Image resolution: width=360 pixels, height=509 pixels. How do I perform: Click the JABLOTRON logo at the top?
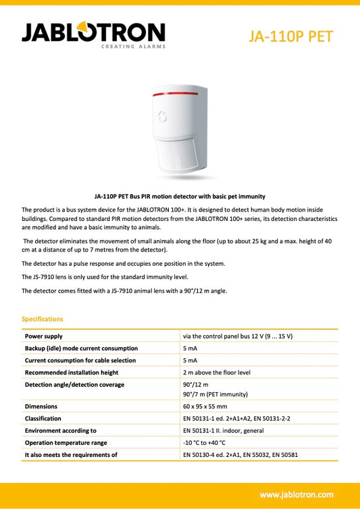pos(93,32)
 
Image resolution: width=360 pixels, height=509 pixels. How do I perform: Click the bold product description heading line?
pos(179,195)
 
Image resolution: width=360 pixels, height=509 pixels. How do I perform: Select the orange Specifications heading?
pos(43,318)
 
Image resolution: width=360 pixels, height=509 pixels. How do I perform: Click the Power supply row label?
pos(44,336)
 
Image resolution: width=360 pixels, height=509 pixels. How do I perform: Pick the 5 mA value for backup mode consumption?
pos(190,348)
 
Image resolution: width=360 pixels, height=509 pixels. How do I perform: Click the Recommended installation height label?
pos(72,372)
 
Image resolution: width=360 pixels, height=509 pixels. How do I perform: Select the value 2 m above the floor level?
pos(216,372)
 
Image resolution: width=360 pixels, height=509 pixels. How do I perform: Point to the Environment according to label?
pos(61,431)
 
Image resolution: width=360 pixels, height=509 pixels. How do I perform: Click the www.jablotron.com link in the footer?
pos(297,494)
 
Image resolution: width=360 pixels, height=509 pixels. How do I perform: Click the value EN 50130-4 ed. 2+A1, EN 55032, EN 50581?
pos(240,455)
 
